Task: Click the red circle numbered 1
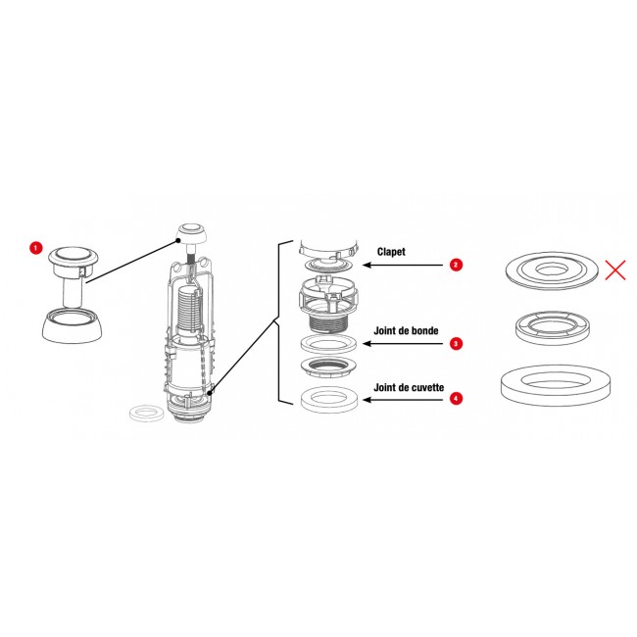(35, 247)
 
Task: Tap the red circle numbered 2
(456, 265)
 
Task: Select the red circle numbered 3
(456, 344)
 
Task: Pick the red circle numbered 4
(456, 399)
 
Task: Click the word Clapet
(391, 252)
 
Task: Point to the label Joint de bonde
(406, 330)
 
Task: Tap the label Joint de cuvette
(409, 387)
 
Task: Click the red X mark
(615, 270)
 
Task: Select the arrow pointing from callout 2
(403, 266)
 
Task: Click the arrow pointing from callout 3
(403, 344)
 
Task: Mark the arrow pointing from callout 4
(403, 400)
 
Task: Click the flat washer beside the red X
(552, 270)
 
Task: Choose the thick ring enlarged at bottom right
(556, 385)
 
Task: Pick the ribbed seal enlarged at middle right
(552, 328)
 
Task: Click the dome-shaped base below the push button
(72, 325)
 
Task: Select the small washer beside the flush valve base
(147, 414)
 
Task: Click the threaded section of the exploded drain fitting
(329, 323)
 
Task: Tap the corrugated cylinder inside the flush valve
(190, 308)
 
